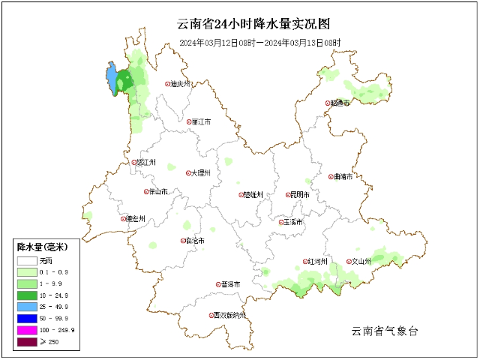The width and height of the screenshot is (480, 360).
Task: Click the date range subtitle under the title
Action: click(x=259, y=43)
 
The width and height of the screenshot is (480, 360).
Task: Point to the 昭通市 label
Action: click(x=341, y=103)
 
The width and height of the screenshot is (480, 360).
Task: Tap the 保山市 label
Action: click(x=158, y=192)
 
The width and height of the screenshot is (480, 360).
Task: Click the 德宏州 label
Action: click(x=136, y=219)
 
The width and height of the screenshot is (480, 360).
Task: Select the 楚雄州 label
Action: click(x=254, y=194)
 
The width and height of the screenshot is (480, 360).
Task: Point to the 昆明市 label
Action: click(x=300, y=195)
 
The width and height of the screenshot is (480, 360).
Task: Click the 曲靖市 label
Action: click(x=343, y=177)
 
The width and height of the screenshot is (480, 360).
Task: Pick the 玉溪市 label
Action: click(x=292, y=222)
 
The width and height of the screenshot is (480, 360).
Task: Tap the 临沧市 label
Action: click(x=194, y=241)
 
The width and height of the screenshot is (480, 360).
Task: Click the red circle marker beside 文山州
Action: click(x=347, y=262)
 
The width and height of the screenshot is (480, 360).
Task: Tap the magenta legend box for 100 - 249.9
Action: click(x=27, y=330)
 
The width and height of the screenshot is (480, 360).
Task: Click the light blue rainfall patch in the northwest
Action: click(x=112, y=79)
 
